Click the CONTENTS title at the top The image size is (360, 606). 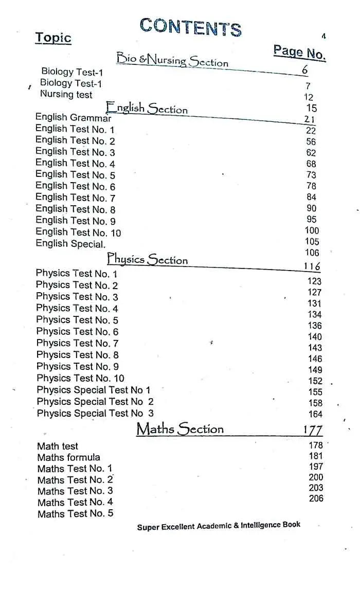(190, 27)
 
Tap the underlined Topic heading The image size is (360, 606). (53, 38)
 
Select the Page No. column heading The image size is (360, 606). (299, 52)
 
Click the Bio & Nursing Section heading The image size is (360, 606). (172, 60)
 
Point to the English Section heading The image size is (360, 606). (147, 108)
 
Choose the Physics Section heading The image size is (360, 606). (148, 259)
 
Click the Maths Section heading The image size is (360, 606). (180, 429)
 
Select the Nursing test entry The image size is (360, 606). (66, 94)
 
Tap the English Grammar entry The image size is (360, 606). (73, 117)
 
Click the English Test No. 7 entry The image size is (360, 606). (76, 197)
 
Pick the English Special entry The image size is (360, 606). (70, 244)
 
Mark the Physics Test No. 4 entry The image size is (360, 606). (77, 308)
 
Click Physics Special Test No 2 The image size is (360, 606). (95, 401)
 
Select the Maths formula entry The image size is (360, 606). (69, 457)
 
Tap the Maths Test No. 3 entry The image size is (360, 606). (75, 491)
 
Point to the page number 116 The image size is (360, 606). (312, 266)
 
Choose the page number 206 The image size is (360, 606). (316, 498)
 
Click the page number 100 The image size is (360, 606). (312, 230)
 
